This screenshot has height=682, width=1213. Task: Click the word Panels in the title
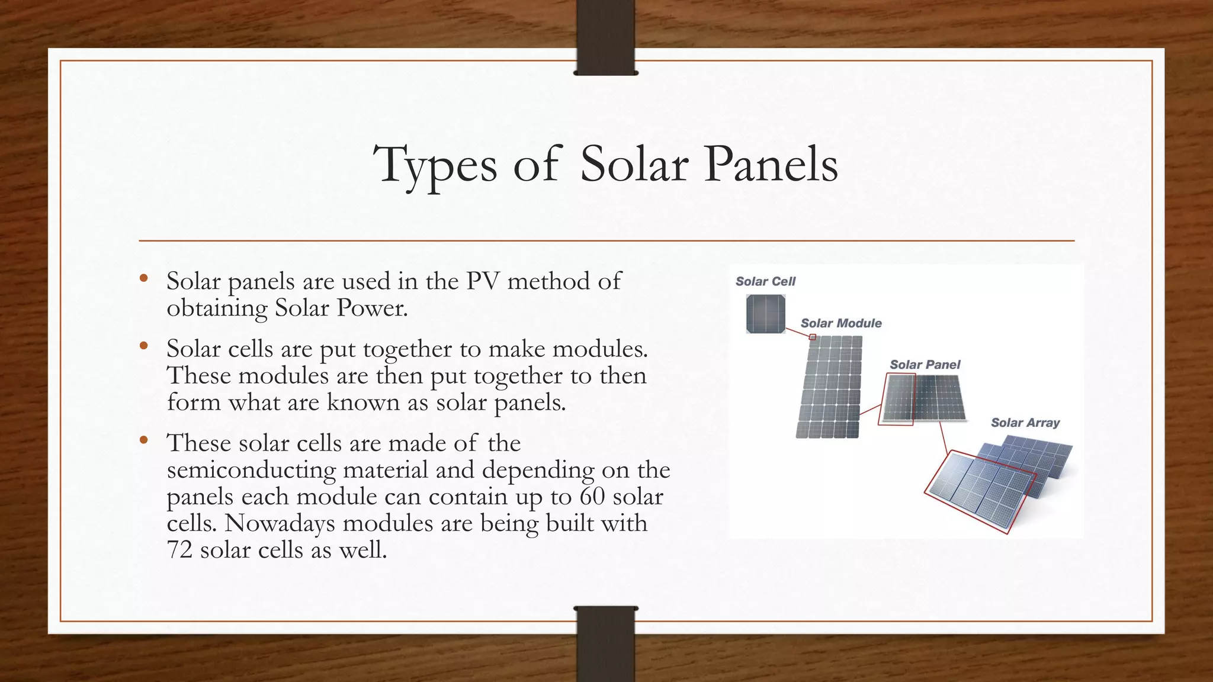771,164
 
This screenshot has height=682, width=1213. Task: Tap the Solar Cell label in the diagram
765,282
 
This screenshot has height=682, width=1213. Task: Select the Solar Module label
841,323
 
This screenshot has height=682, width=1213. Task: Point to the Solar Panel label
925,365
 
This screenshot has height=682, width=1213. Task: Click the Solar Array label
1025,423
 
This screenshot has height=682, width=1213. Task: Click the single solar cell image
765,314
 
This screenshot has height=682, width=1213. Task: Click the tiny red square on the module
813,337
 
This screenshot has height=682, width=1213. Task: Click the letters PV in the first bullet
482,281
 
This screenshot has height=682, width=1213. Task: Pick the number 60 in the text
592,496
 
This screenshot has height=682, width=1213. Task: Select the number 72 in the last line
179,550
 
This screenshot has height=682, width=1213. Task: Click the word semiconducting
251,470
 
